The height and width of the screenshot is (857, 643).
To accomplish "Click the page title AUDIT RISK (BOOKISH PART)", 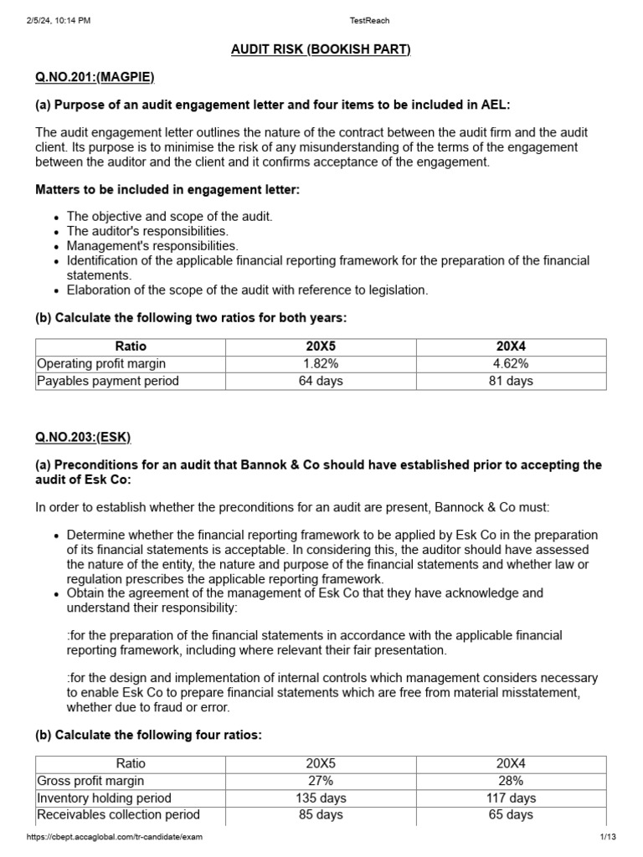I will [x=321, y=49].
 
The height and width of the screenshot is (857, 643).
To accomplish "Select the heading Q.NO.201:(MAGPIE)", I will [x=95, y=77].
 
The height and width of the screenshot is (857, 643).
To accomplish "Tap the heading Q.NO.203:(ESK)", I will [x=83, y=437].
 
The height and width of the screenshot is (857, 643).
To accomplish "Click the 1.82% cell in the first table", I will [x=321, y=363].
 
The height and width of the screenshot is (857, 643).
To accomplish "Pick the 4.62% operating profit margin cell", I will [x=511, y=363].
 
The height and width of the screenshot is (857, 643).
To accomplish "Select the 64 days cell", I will [x=321, y=381].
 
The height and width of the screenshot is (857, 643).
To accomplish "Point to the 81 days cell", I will [x=511, y=381].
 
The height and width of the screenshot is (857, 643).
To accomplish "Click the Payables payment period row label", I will [x=107, y=381].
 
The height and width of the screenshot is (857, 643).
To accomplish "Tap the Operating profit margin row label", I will [x=101, y=363].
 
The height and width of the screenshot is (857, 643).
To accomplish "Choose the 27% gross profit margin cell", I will [x=321, y=780].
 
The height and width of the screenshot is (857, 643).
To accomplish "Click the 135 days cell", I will [x=321, y=798].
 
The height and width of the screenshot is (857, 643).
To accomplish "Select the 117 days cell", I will [x=511, y=798].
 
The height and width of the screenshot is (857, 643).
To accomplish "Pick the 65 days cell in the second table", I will [x=511, y=814].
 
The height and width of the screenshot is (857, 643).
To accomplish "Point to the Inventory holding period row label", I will [x=105, y=798].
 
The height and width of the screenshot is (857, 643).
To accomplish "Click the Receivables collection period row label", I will [x=119, y=814].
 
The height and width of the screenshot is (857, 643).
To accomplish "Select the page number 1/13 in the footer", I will [x=607, y=837].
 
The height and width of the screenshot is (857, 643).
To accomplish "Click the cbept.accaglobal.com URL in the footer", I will [x=115, y=837].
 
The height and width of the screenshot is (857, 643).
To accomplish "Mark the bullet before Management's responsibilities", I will [x=56, y=247].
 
